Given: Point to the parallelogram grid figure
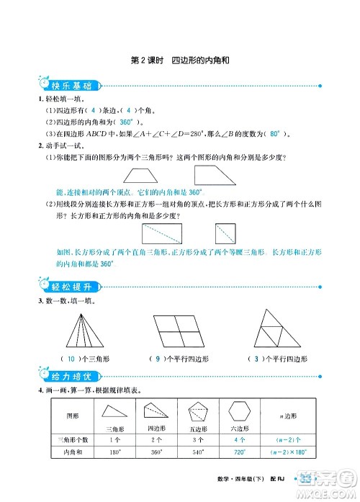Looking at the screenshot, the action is pyautogui.click(x=181, y=331).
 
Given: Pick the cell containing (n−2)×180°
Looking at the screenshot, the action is pyautogui.click(x=292, y=452).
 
